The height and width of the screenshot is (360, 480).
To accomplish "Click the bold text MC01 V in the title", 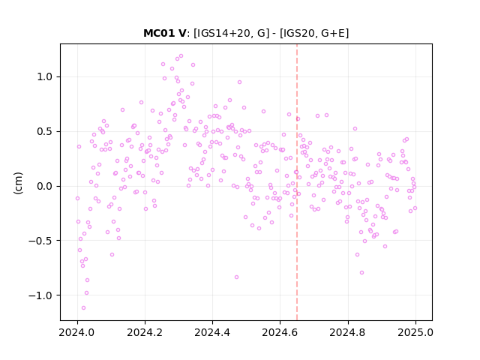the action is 164,33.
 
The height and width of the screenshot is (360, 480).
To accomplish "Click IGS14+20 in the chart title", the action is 223,33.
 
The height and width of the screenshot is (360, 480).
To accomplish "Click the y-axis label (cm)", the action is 18,183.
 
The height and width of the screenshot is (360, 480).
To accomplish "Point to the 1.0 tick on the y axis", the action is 45,76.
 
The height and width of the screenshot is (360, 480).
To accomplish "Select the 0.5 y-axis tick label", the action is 45,132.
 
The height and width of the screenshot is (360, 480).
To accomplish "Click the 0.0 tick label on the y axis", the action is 45,186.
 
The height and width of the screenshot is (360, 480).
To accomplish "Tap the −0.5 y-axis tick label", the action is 40,241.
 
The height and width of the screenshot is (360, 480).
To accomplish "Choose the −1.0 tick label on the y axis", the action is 40,295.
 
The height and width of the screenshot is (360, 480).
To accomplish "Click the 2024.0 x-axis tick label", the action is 77,332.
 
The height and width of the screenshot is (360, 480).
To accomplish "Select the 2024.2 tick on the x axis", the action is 145,332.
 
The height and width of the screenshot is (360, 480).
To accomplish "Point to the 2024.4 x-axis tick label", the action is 212,332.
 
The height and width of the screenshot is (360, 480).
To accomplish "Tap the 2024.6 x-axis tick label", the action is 280,332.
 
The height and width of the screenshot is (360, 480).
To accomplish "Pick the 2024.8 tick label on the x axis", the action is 348,332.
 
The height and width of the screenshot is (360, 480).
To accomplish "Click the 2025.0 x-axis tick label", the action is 415,332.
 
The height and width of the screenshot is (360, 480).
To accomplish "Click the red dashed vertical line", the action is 297,182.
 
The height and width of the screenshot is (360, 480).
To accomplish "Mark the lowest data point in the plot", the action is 83,308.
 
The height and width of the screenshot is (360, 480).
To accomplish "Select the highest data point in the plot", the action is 181,56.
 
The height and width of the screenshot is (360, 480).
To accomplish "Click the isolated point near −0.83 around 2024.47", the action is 237,277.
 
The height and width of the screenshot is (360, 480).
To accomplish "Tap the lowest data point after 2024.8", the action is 361,273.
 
